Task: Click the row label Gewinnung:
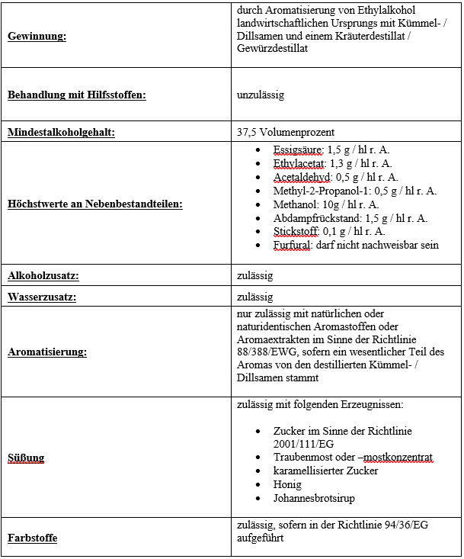pos(37,37)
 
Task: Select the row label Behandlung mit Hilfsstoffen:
pos(76,95)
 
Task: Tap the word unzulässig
pos(261,95)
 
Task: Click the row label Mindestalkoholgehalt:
pos(61,133)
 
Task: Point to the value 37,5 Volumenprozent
pos(286,133)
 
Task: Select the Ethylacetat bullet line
pos(332,163)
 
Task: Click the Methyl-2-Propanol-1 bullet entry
pos(354,191)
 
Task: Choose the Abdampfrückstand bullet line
pos(350,218)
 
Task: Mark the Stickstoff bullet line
pos(329,232)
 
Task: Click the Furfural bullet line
pos(356,246)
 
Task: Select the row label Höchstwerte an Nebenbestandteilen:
pos(95,204)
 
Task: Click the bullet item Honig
pos(288,485)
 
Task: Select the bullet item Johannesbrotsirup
pos(314,499)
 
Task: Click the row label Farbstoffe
pos(32,538)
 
